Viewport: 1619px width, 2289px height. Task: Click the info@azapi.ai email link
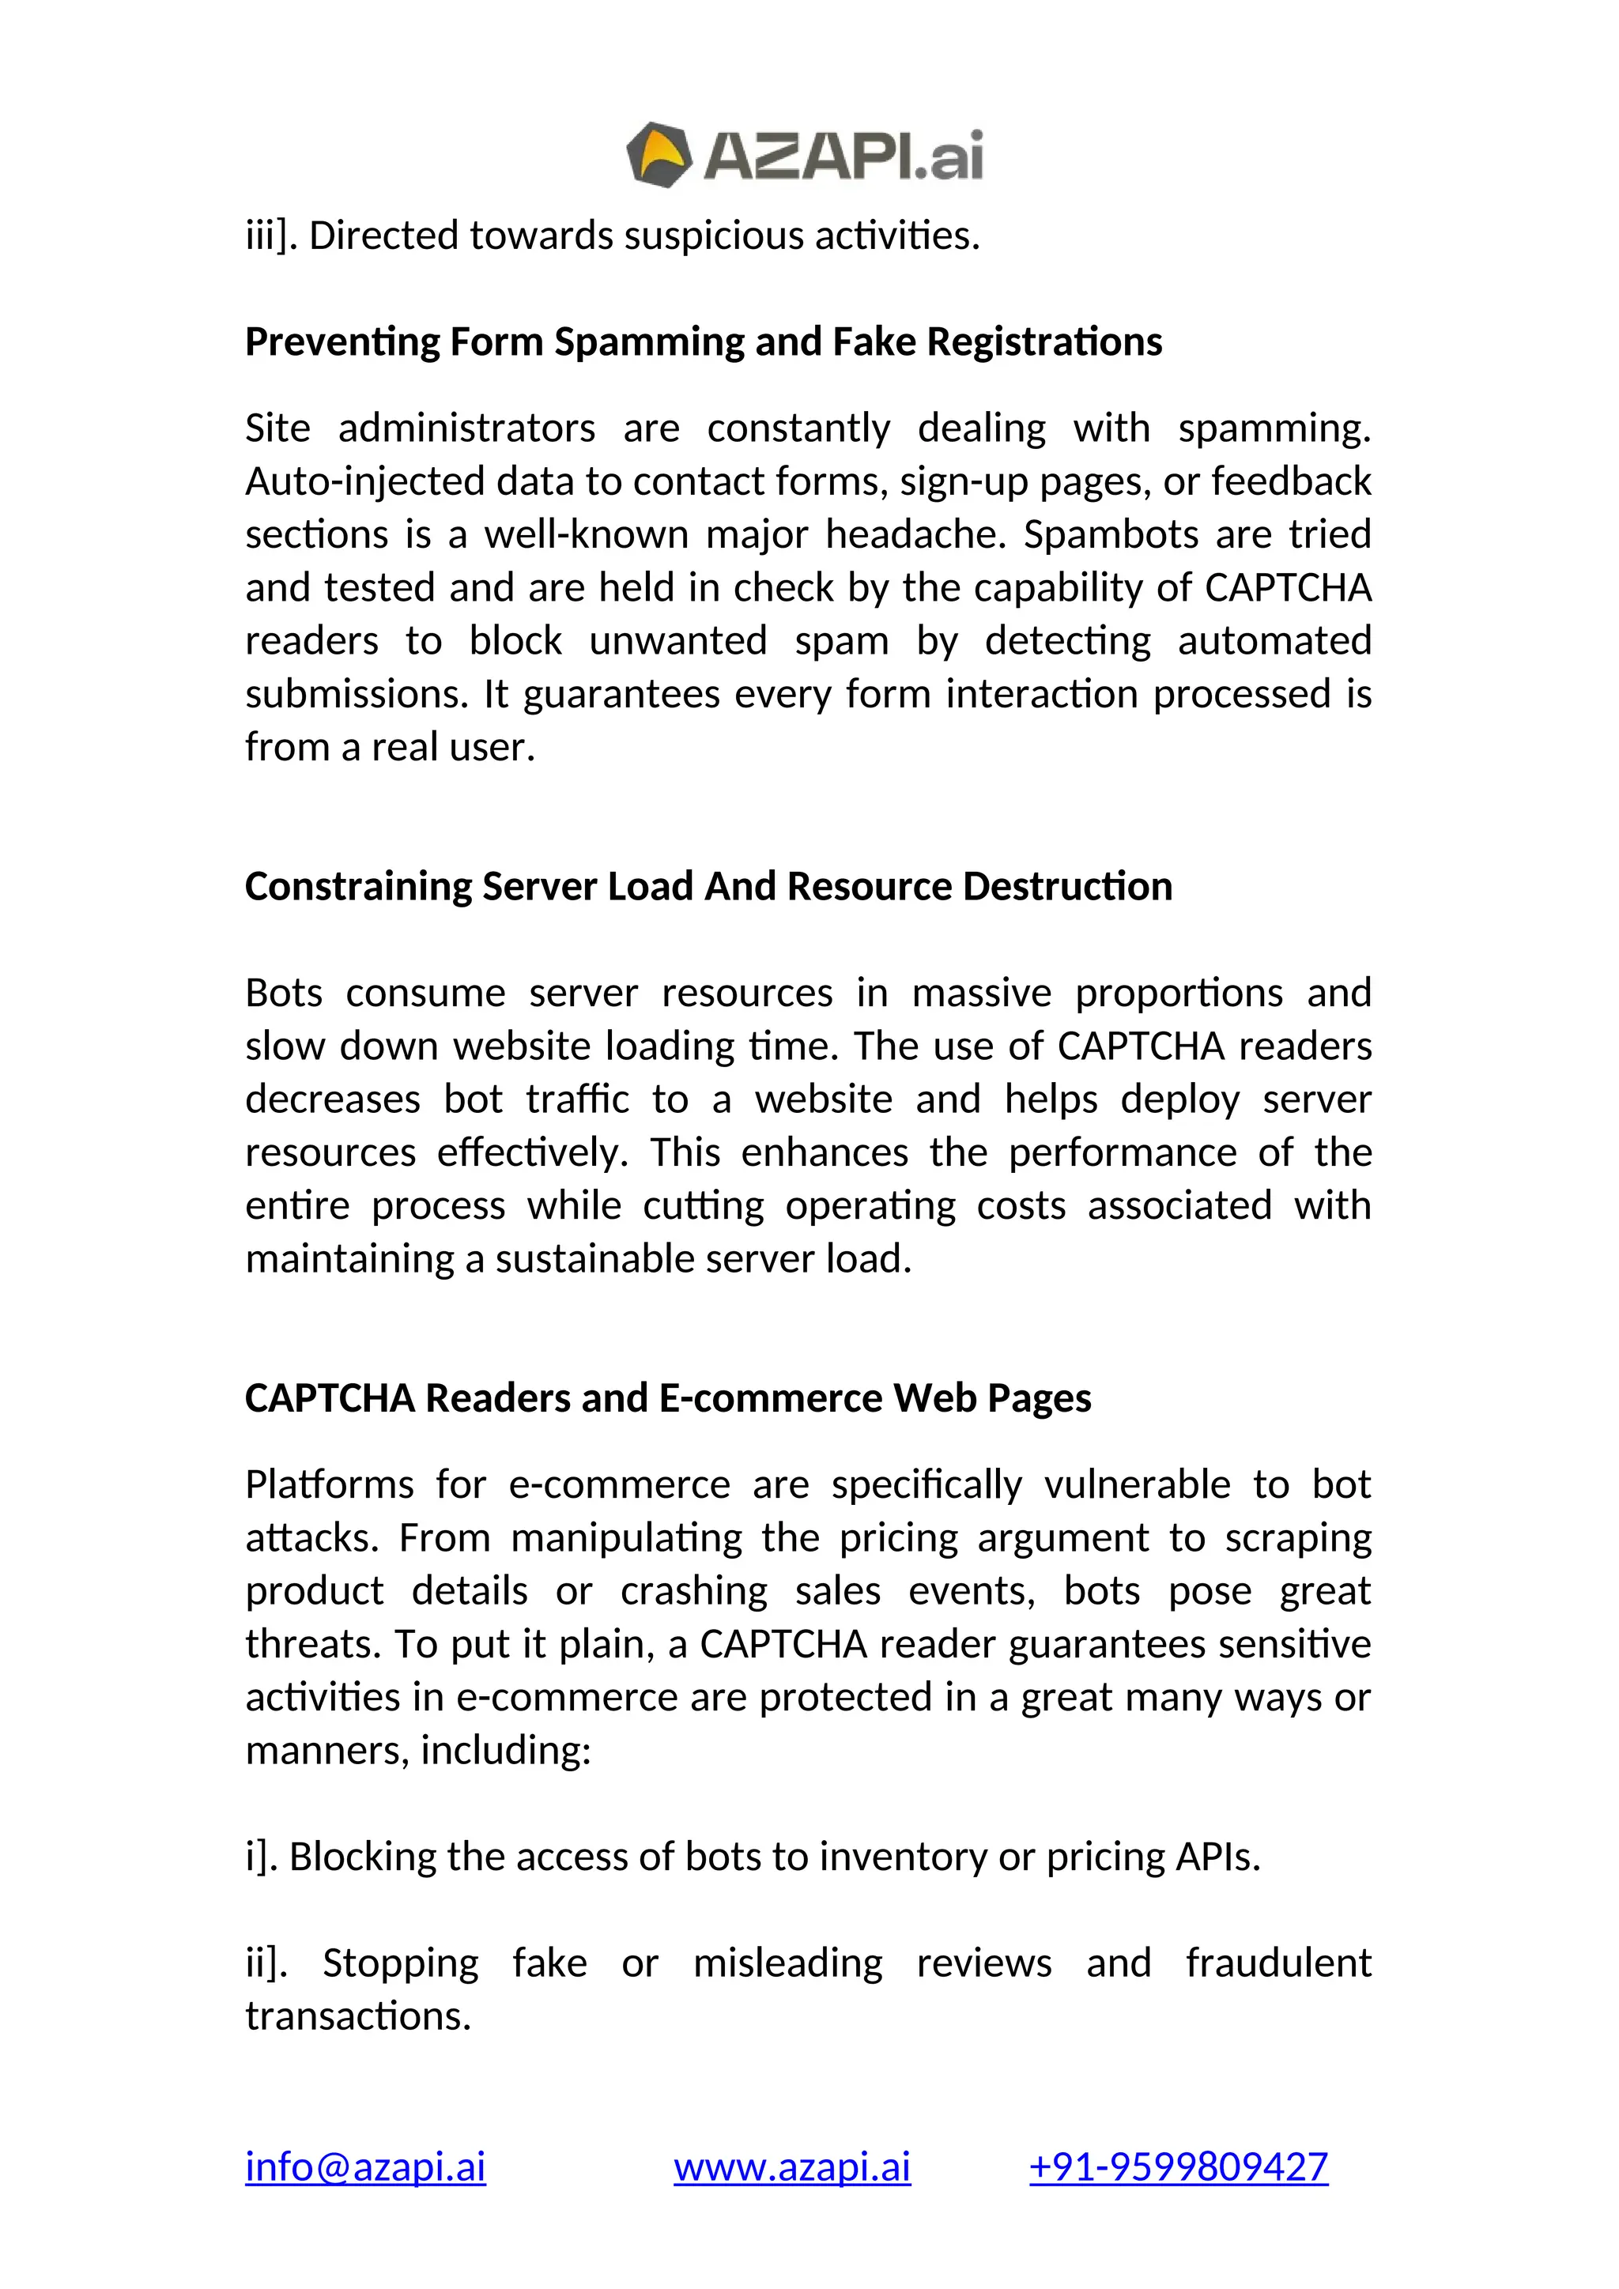[x=365, y=2166]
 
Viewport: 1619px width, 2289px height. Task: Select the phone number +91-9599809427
[x=1179, y=2166]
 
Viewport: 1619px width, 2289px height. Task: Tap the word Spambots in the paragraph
[x=1101, y=534]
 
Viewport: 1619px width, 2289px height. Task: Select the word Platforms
[x=329, y=1484]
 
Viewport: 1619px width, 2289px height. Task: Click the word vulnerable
[x=1138, y=1484]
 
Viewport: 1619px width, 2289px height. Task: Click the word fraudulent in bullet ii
[x=1278, y=1963]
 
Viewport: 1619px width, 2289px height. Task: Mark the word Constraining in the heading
[x=358, y=886]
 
